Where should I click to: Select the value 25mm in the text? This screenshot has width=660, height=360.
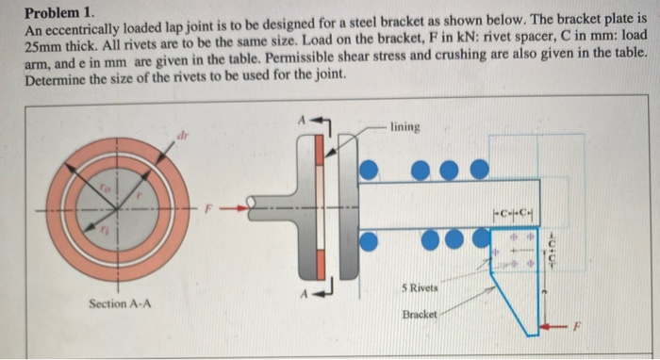(x=42, y=46)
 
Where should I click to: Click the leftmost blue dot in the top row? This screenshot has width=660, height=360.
(x=371, y=168)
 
